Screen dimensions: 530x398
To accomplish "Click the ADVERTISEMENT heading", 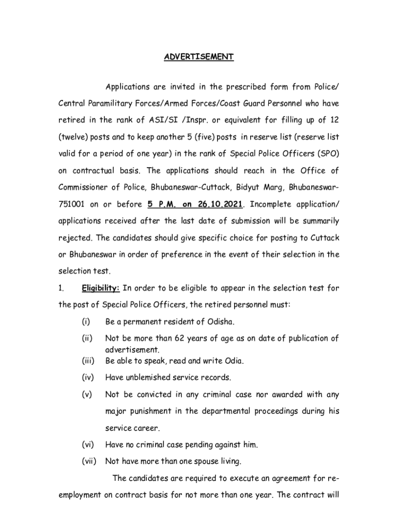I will coord(199,57).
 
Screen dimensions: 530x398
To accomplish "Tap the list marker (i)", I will coord(85,322).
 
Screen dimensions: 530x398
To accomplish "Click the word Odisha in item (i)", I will coord(221,322).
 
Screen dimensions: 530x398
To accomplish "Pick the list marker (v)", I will coord(86,395).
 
